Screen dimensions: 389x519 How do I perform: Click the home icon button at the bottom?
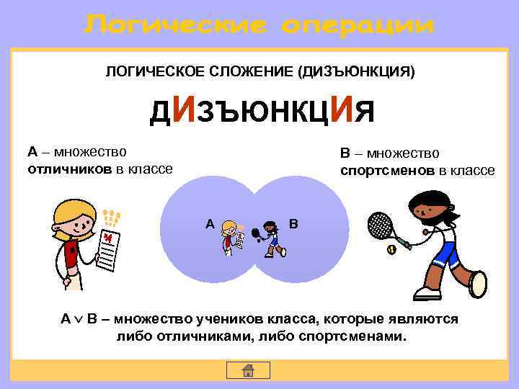pos(247,370)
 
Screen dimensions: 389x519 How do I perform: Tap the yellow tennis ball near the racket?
pos(391,250)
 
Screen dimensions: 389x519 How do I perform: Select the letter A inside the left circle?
pos(209,224)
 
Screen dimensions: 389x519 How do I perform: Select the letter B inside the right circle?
pos(293,224)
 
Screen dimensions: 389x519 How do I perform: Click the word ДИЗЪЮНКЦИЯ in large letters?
pos(262,111)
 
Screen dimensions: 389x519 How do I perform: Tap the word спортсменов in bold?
pos(388,171)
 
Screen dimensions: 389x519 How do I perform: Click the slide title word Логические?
pos(176,26)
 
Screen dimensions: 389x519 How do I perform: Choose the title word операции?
pos(359,26)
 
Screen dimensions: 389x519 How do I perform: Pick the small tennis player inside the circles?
pos(272,238)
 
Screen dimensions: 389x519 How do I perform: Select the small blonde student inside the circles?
pos(231,238)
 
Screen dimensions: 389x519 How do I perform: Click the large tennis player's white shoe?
pos(427,292)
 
